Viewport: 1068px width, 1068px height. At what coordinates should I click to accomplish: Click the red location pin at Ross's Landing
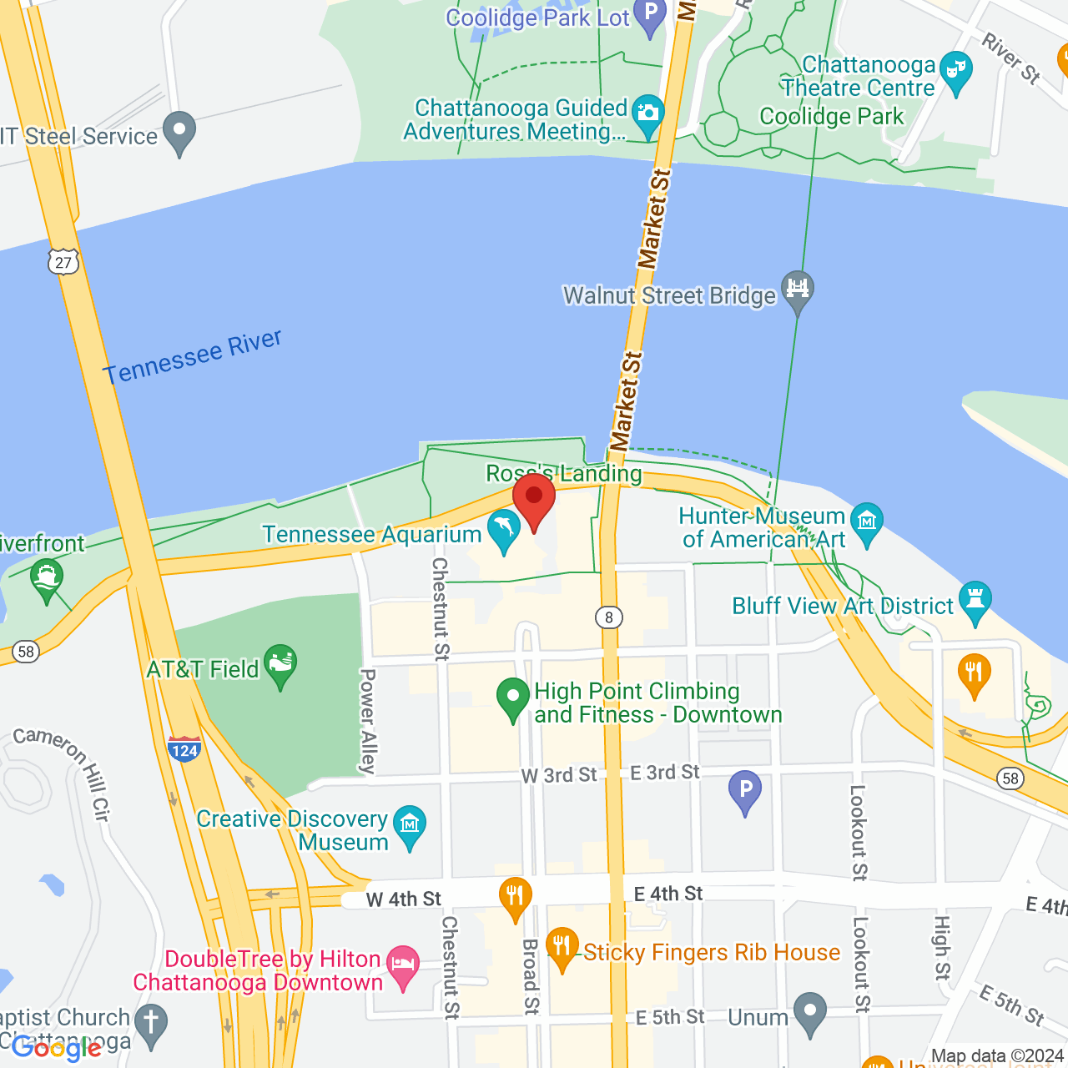(534, 497)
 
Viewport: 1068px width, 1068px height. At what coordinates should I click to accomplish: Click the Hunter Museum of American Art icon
(868, 521)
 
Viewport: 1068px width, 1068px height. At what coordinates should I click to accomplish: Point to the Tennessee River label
(193, 357)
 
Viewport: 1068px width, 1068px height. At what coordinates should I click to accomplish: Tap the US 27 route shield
(63, 262)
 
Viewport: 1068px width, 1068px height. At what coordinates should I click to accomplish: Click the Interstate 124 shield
(184, 748)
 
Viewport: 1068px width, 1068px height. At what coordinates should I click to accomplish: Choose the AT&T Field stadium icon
(280, 663)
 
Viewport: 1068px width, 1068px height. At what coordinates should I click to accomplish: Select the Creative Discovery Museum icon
(410, 824)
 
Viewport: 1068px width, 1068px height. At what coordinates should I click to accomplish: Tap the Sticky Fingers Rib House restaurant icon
(562, 945)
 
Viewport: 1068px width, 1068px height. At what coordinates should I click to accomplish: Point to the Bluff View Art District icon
(975, 600)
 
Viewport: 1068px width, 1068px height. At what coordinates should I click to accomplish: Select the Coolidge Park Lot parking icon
(650, 14)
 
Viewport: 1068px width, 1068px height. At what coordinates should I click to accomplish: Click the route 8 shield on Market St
(609, 617)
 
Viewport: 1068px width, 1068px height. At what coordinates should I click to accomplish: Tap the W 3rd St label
(559, 775)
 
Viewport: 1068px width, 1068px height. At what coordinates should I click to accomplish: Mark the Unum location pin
(809, 1010)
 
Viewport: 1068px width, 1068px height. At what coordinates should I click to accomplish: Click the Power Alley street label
(368, 721)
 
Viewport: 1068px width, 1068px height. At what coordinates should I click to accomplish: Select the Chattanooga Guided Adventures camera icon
(647, 114)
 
